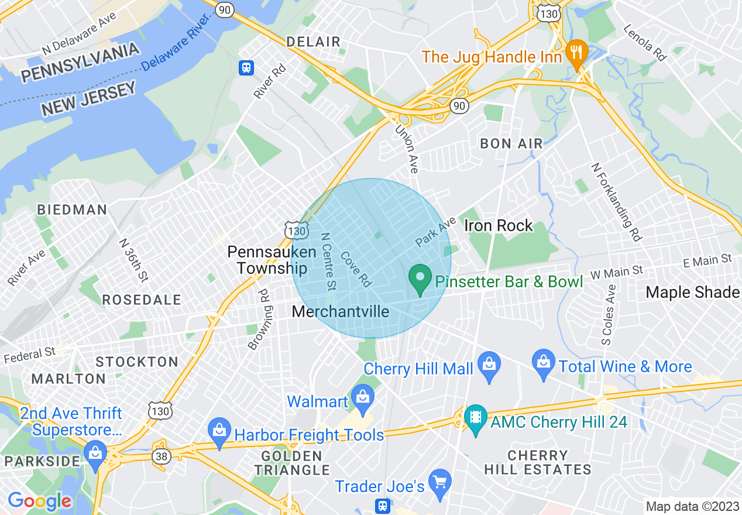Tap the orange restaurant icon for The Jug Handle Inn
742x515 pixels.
(577, 53)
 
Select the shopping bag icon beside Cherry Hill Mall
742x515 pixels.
(489, 366)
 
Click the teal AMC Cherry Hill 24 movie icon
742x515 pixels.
(476, 418)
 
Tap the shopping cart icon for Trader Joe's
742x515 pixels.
(439, 481)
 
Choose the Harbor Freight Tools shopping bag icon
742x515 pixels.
(219, 431)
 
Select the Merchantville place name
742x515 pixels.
(340, 311)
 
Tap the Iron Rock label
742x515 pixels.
(498, 225)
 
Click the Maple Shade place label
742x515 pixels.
(693, 292)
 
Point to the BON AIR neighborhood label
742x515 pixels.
(511, 143)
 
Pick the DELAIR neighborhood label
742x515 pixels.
(313, 42)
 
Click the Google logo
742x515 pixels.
(39, 501)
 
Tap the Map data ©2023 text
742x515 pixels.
(692, 506)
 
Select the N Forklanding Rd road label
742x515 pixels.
(616, 202)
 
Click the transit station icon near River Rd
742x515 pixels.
(246, 67)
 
